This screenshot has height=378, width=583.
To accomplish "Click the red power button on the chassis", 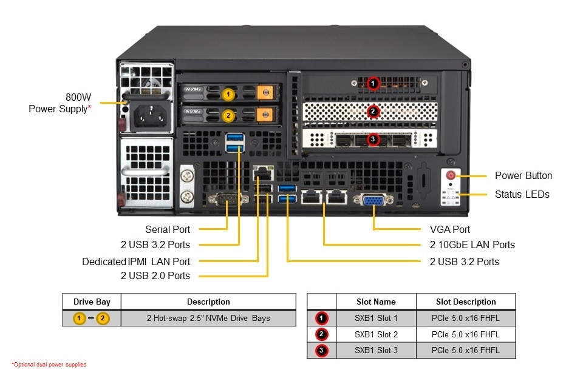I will point(451,175).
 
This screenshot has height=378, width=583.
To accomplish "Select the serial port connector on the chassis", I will point(227,201).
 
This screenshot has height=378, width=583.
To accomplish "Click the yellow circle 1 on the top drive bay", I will point(228,94).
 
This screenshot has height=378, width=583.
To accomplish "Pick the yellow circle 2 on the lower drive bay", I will point(228,114).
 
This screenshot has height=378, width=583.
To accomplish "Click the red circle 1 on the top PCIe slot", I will point(373,83).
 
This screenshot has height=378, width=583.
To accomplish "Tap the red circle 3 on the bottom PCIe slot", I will point(373,140).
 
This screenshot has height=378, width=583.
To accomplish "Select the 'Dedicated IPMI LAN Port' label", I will point(136,262).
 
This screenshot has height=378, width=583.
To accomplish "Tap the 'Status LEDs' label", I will point(522,194).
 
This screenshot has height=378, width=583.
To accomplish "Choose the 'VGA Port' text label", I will point(446,229).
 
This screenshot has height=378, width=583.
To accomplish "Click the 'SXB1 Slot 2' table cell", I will point(376,334).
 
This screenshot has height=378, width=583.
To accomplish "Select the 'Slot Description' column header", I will point(466,302).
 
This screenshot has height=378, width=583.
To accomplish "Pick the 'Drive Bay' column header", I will point(92,302).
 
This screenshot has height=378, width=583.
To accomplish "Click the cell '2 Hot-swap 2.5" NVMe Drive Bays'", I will point(208,318).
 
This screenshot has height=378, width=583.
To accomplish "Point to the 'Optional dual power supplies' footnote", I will point(49,365).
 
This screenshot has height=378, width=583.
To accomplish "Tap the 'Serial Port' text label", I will point(167,229).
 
